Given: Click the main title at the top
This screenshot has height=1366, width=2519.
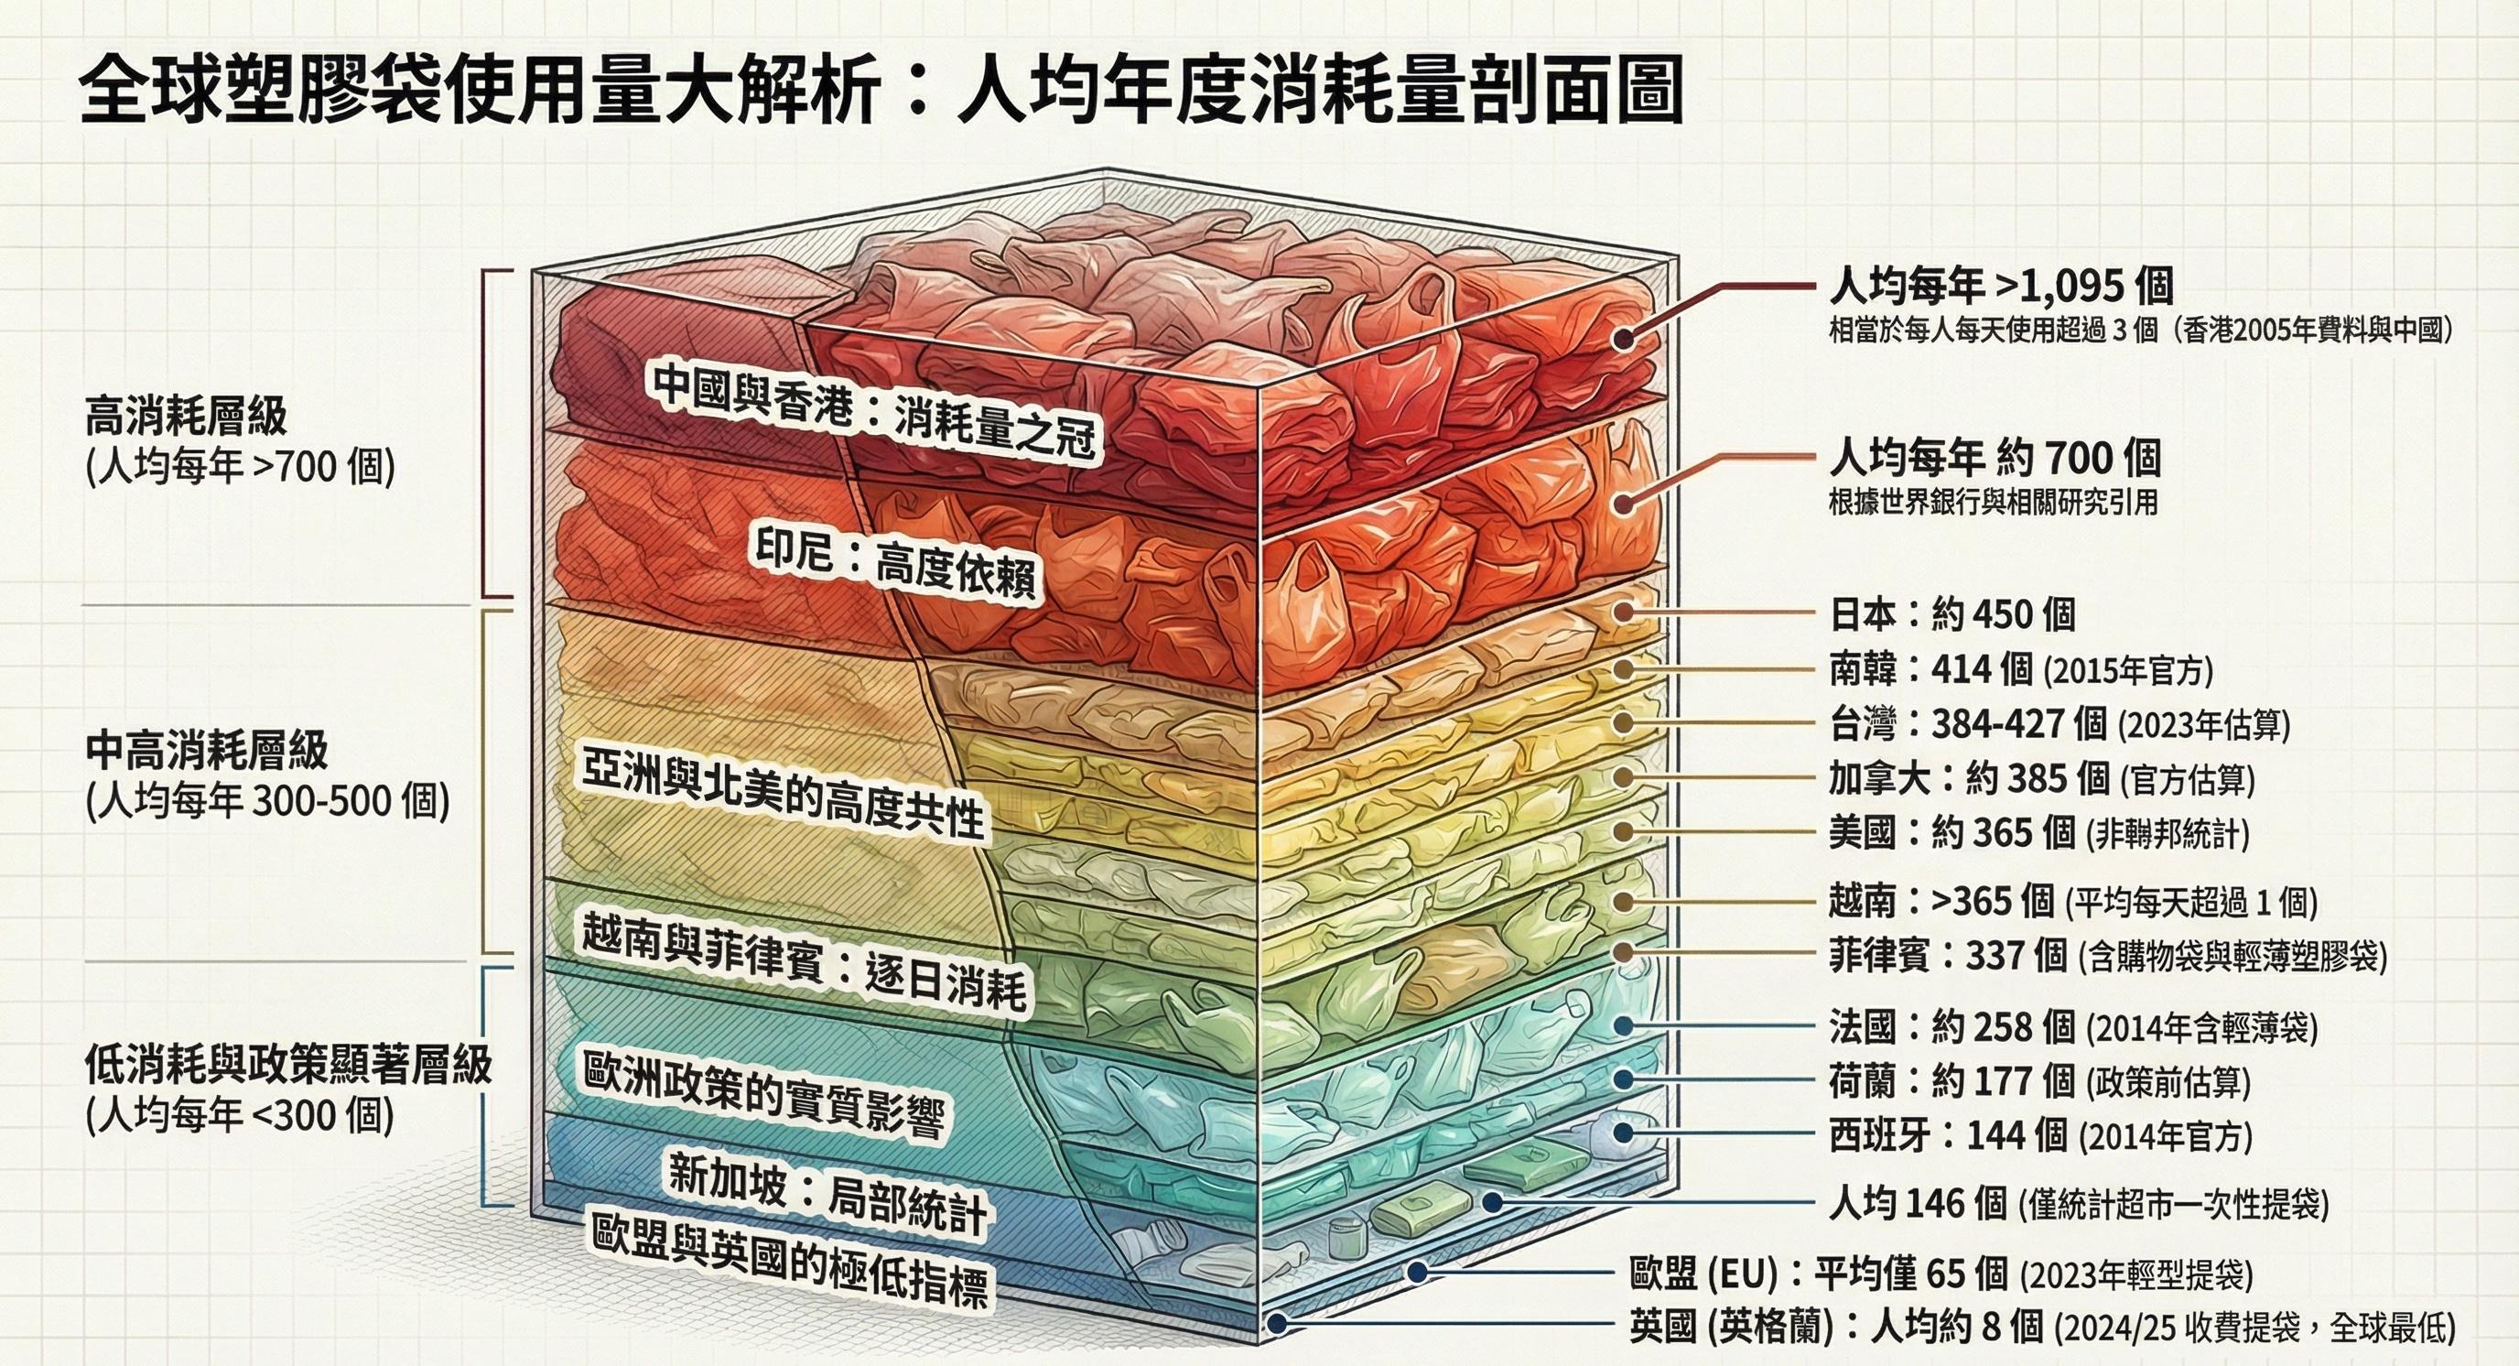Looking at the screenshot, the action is pyautogui.click(x=880, y=92).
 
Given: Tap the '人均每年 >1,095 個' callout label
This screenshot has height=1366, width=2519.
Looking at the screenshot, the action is pyautogui.click(x=2001, y=287).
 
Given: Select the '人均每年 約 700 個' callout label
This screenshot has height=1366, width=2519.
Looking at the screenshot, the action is pyautogui.click(x=1995, y=458).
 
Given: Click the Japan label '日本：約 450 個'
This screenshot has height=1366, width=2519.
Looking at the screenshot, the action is pyautogui.click(x=1951, y=614).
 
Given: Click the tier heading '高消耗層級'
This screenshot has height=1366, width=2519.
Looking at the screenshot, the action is pyautogui.click(x=187, y=416).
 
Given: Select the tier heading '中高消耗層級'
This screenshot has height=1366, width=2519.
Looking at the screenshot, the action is pyautogui.click(x=206, y=751).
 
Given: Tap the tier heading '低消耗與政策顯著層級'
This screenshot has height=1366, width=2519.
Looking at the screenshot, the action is pyautogui.click(x=287, y=1064).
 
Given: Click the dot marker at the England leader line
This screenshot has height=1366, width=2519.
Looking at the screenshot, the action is pyautogui.click(x=1275, y=1324).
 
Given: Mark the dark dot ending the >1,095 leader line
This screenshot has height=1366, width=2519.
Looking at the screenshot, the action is pyautogui.click(x=1624, y=340).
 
